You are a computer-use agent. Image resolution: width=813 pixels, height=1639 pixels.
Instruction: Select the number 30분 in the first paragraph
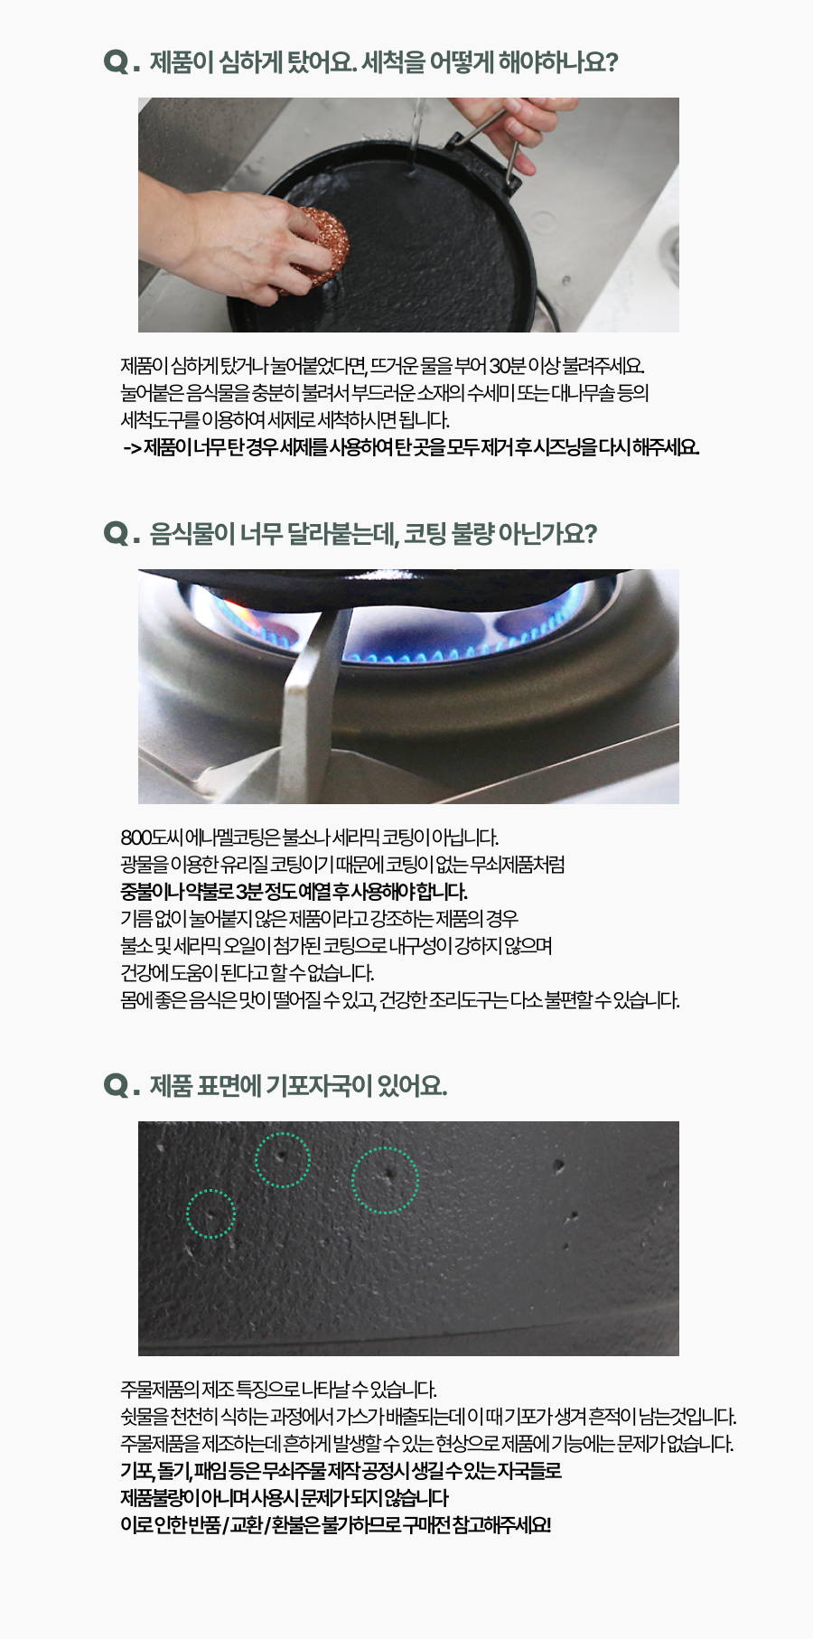click(x=507, y=366)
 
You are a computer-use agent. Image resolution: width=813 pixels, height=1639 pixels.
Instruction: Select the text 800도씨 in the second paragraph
click(x=143, y=838)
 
